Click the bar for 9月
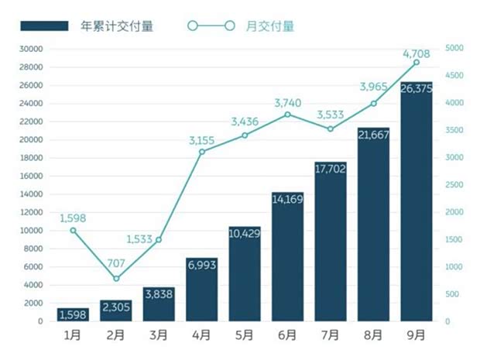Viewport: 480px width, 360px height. point(416,201)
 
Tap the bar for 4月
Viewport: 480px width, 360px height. point(201,290)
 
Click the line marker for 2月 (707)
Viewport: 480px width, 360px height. point(116,279)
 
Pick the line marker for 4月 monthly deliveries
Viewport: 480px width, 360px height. point(201,152)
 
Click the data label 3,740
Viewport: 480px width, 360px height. point(287,102)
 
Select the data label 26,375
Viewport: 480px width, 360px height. point(416,88)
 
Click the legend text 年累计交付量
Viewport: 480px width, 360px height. point(117,26)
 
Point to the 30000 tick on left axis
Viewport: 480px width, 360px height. point(32,49)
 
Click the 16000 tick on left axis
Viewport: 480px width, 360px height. point(32,177)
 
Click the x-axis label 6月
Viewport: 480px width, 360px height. point(287,336)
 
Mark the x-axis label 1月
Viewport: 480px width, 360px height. point(74,336)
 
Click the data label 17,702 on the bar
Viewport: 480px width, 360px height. point(331,167)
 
